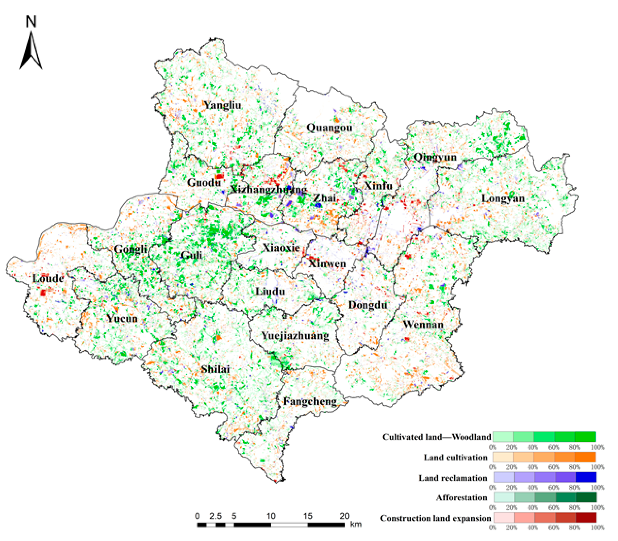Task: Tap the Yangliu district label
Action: pyautogui.click(x=223, y=105)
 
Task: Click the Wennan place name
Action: pyautogui.click(x=423, y=325)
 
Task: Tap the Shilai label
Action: pyautogui.click(x=215, y=369)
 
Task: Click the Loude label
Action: pyautogui.click(x=48, y=278)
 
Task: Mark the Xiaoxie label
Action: pyautogui.click(x=281, y=248)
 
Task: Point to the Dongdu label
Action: pyautogui.click(x=367, y=305)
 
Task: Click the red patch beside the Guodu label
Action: pyautogui.click(x=219, y=176)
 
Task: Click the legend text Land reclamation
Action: pyautogui.click(x=452, y=478)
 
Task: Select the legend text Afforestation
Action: pyautogui.click(x=461, y=498)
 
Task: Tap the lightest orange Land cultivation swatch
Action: pyautogui.click(x=503, y=457)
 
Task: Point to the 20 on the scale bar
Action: pyautogui.click(x=344, y=516)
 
